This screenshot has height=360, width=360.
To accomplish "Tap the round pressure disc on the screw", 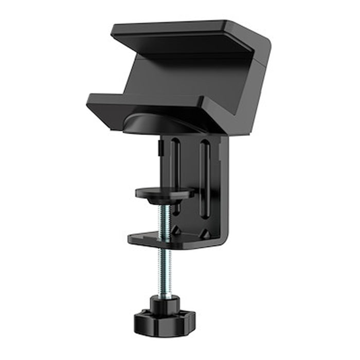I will coord(164,192).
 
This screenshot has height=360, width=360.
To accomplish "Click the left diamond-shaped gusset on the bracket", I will coord(176,230).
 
